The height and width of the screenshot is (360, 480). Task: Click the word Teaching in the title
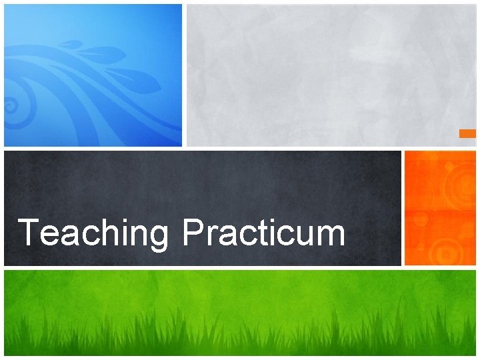click(94, 234)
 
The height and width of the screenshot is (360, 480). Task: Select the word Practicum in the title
click(264, 234)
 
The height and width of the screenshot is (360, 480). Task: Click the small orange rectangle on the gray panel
click(467, 133)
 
